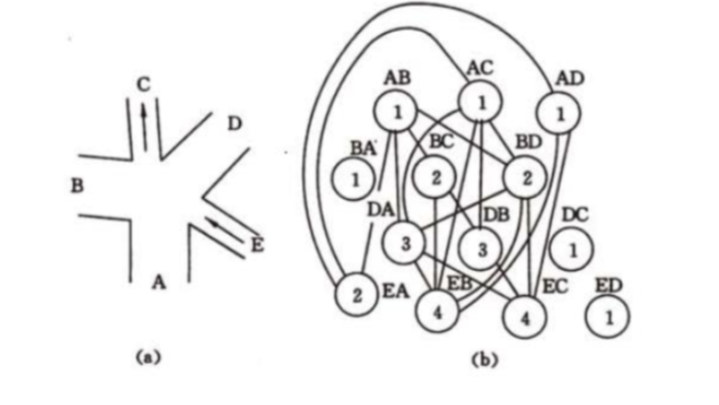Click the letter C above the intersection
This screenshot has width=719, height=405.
point(144,84)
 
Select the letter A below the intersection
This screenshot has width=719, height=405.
point(159,283)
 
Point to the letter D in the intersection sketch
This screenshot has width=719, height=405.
point(234,123)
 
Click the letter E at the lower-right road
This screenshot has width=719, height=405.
point(257,245)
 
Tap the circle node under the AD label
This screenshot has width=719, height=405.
point(562,114)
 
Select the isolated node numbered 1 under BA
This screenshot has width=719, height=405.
point(354,180)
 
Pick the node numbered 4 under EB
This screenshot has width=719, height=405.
point(438,313)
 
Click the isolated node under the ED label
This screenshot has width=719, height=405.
point(607,317)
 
